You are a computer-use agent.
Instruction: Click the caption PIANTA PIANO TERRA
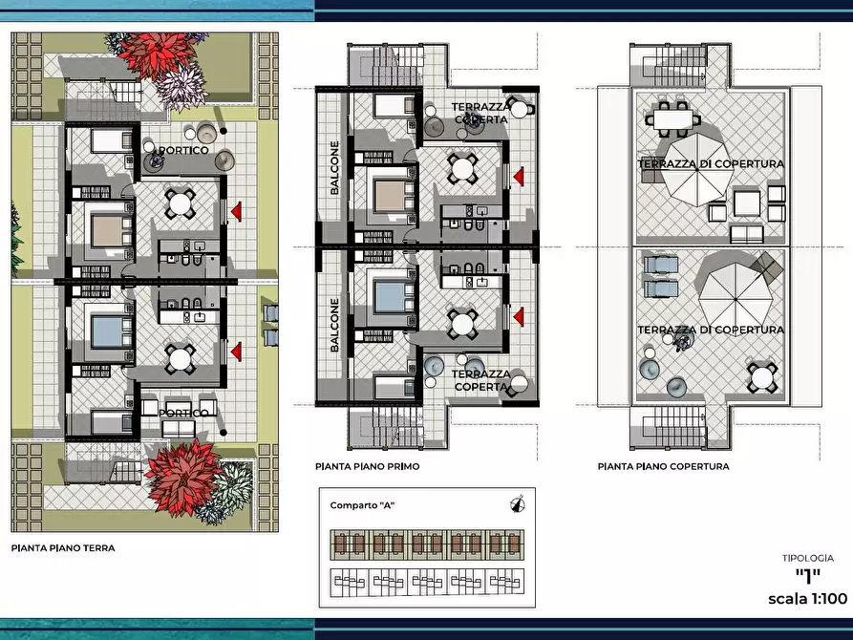pos(63,548)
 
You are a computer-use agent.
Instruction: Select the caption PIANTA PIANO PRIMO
pos(367,466)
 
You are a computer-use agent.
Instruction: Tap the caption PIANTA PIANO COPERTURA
pos(663,466)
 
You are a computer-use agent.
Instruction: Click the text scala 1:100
pos(807,599)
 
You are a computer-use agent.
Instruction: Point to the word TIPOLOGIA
pos(808,558)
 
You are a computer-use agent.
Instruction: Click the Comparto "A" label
pos(362,505)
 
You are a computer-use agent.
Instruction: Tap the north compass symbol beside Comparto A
pos(518,504)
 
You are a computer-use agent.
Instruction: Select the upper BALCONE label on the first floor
pos(334,167)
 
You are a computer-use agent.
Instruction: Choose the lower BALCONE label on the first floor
pos(334,325)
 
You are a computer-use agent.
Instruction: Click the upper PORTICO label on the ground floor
pos(183,150)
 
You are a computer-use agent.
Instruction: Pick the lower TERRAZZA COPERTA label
pos(480,380)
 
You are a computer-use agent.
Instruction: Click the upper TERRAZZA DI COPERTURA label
pos(711,163)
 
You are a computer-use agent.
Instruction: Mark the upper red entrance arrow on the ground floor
pos(236,212)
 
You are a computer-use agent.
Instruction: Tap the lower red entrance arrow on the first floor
pos(519,317)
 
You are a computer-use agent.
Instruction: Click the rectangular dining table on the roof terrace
pos(672,119)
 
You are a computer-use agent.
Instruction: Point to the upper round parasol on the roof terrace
pos(697,170)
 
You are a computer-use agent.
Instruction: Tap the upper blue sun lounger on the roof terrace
pos(661,265)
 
